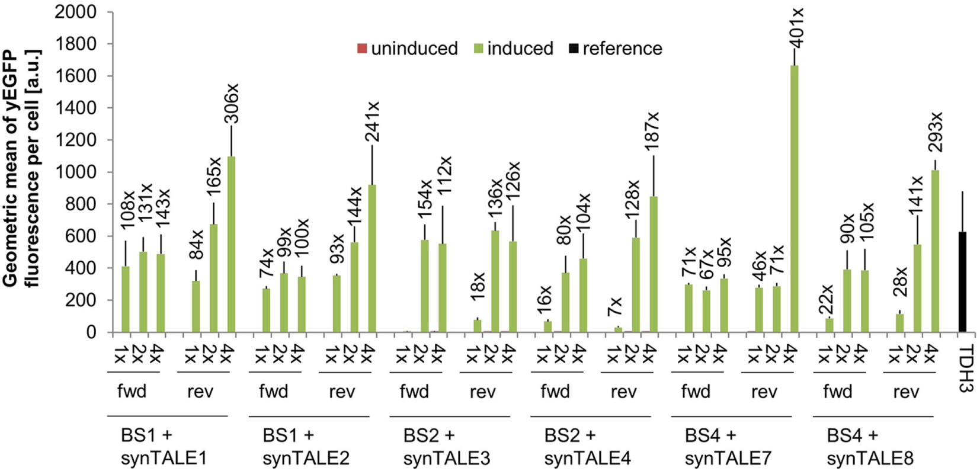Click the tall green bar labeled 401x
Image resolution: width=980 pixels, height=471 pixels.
(795, 199)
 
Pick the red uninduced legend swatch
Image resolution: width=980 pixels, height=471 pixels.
(362, 49)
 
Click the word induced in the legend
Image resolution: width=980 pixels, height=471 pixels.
(520, 49)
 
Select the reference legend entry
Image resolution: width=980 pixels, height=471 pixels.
(622, 49)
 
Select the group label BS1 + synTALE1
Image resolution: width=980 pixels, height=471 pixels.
(164, 447)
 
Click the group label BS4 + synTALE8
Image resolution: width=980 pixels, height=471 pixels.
(870, 447)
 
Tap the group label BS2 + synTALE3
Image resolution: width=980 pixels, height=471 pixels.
(446, 447)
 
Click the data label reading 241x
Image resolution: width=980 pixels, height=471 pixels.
(372, 121)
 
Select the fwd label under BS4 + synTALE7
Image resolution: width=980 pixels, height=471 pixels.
(696, 392)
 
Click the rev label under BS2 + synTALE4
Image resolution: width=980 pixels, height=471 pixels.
(623, 392)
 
